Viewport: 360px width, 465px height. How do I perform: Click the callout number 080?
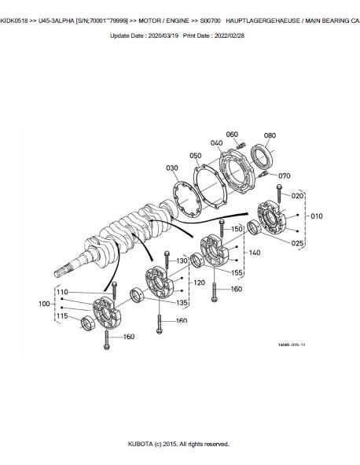[x=270, y=135]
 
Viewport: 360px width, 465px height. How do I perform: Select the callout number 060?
[x=232, y=135]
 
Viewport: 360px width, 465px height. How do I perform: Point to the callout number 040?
[x=217, y=143]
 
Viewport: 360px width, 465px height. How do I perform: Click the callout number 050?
[x=196, y=156]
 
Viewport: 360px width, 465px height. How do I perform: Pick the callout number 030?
[x=172, y=168]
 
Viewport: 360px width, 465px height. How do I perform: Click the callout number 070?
[x=284, y=176]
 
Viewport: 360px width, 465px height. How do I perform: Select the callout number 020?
[x=297, y=196]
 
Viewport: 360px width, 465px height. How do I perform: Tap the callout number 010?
[x=317, y=216]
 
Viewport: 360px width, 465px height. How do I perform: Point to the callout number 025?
[x=297, y=243]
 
